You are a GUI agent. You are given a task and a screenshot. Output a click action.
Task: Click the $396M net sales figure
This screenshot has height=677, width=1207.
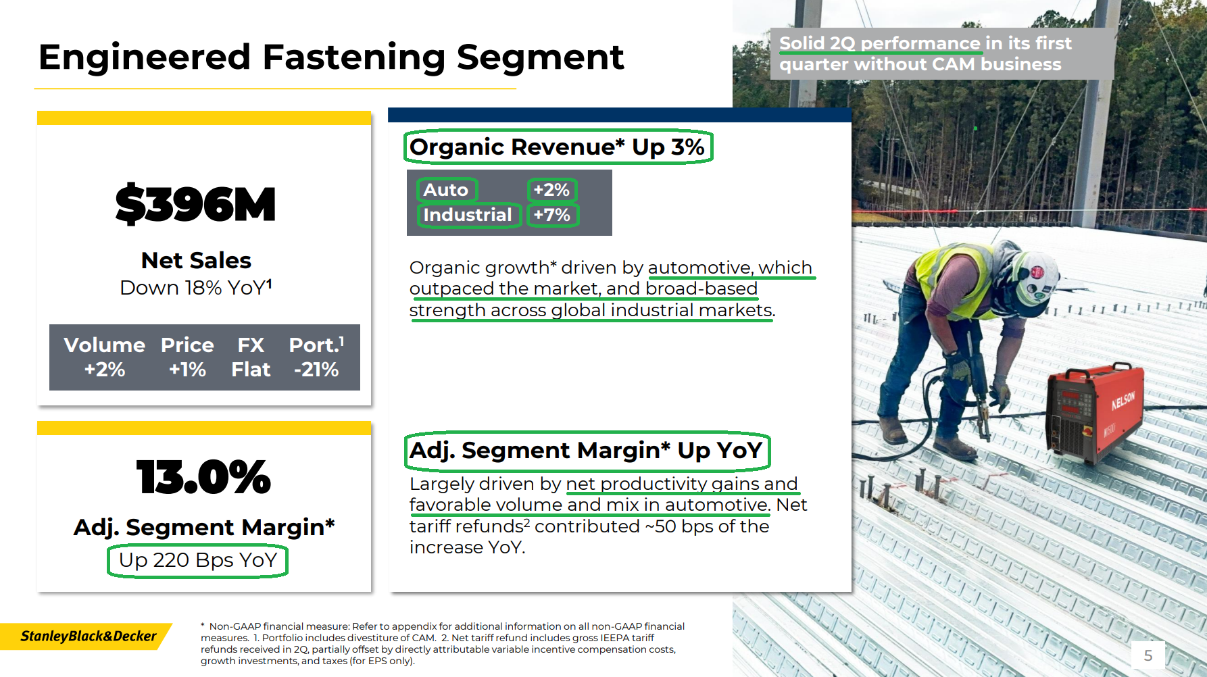[x=195, y=204]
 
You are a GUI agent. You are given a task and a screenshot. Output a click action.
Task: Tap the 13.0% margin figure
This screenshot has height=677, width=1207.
[x=203, y=477]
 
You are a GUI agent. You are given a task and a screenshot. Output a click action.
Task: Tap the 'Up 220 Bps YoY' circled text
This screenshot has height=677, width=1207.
[x=198, y=560]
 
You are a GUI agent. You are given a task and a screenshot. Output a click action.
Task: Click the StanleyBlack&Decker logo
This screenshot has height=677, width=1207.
[x=88, y=636]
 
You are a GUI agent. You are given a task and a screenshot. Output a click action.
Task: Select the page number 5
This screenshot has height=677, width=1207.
[x=1148, y=655]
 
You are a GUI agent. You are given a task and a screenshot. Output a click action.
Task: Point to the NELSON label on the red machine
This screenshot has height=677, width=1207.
[x=1123, y=401]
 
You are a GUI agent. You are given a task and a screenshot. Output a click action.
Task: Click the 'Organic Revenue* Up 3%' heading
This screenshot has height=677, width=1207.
[x=557, y=147]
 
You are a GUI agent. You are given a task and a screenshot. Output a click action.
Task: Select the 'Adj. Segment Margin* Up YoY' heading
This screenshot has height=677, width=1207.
[x=586, y=450]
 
